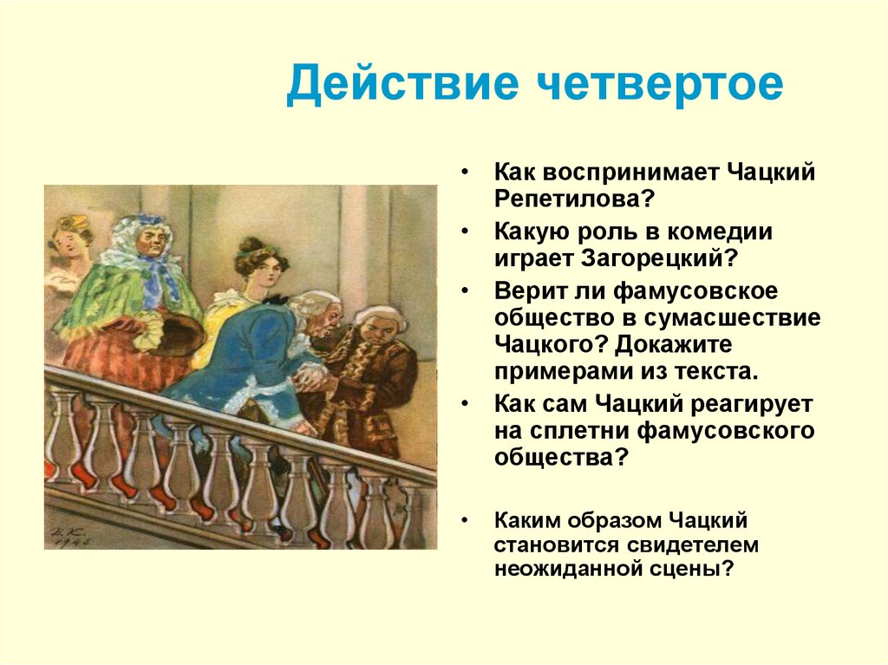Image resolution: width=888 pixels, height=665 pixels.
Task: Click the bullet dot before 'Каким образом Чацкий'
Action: click(466, 521)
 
